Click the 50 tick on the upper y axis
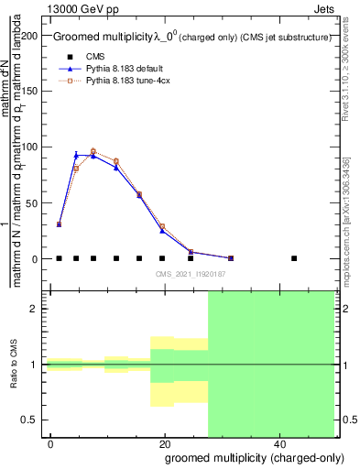coord(35,203)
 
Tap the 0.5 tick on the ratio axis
coord(32,420)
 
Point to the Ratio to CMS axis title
coord(16,365)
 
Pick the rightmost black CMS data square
coord(294,258)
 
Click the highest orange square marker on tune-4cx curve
coord(93,151)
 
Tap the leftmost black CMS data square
coord(59,258)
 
